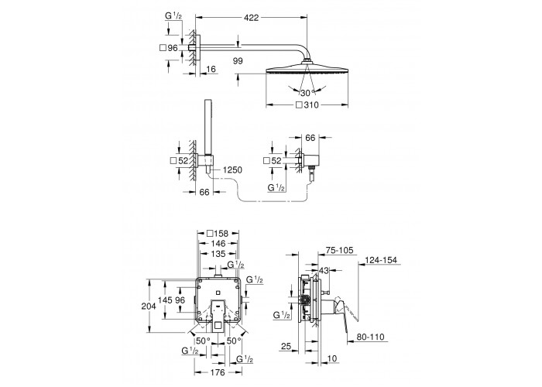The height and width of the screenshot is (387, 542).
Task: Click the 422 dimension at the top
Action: pyautogui.click(x=252, y=18)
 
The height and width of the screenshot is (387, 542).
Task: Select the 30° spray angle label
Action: pyautogui.click(x=307, y=93)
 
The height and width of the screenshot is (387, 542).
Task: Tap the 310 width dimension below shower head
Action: pyautogui.click(x=307, y=105)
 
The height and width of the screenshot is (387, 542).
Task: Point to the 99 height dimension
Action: pyautogui.click(x=238, y=61)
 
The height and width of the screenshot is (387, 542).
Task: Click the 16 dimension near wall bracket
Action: pyautogui.click(x=211, y=69)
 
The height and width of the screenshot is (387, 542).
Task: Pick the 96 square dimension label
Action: pyautogui.click(x=169, y=48)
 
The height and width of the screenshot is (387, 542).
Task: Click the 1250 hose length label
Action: pyautogui.click(x=232, y=170)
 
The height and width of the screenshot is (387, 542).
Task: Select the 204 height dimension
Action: pyautogui.click(x=149, y=306)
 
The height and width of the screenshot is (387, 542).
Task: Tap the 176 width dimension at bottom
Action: pyautogui.click(x=218, y=372)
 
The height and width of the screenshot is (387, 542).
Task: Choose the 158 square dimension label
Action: pyautogui.click(x=218, y=234)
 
